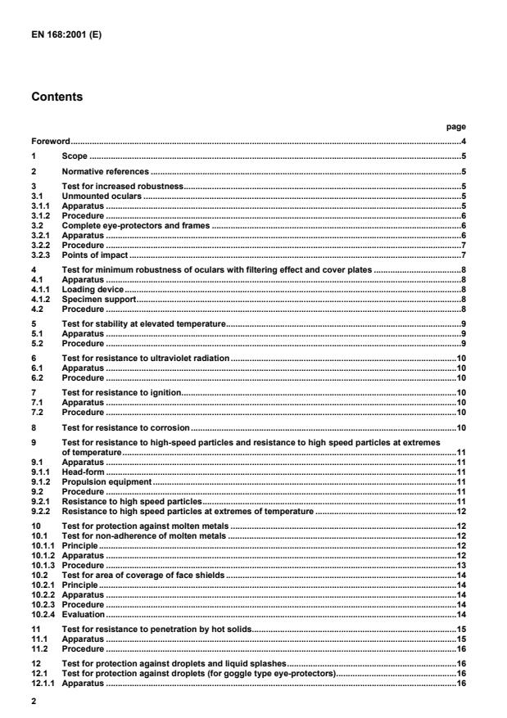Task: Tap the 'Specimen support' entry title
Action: coord(95,299)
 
